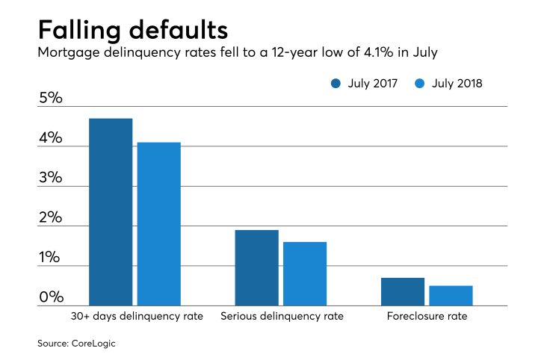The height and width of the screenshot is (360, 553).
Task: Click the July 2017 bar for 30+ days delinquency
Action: tap(111, 212)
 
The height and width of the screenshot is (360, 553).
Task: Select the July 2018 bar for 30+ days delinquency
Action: tap(158, 224)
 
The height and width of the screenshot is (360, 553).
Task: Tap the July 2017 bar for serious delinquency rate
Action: tap(256, 267)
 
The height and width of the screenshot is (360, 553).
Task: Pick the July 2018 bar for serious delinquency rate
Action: tap(304, 273)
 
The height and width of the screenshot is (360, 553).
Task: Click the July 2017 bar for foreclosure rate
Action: tap(402, 291)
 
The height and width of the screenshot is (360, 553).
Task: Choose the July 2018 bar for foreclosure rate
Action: tap(451, 295)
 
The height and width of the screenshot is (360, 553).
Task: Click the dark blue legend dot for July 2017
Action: tap(336, 84)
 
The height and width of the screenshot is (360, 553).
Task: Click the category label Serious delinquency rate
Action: tap(282, 316)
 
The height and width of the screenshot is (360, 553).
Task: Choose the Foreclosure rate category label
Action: tap(427, 316)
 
